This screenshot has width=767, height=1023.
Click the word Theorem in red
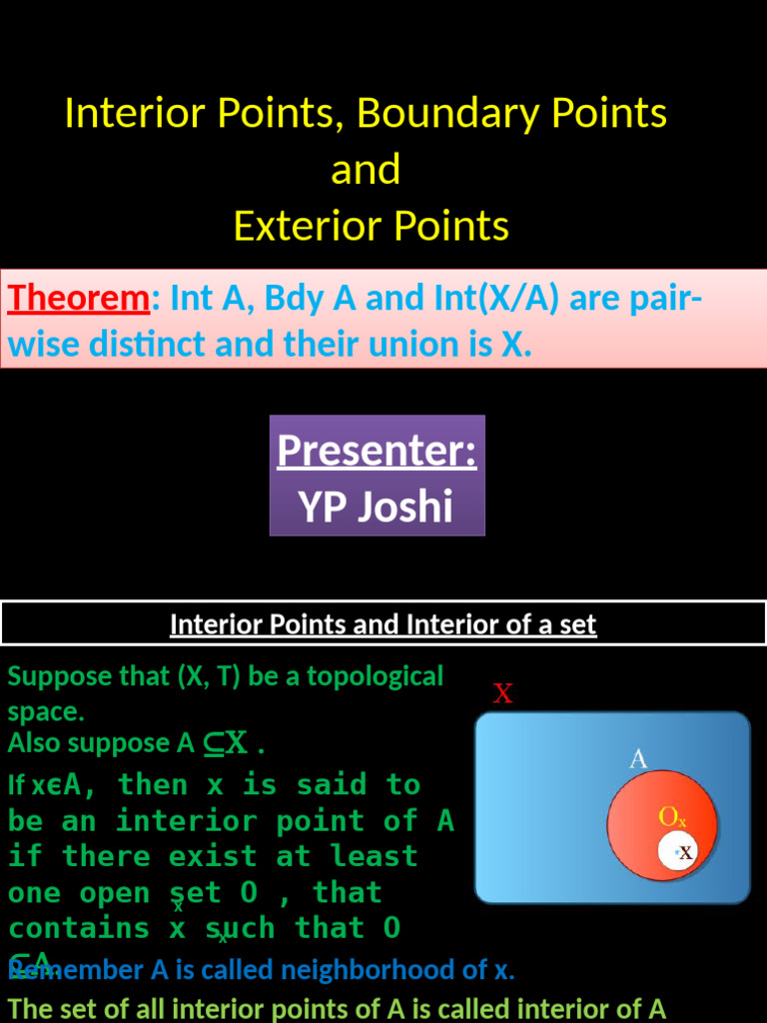pos(78,299)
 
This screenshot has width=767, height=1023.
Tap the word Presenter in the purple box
pos(377,451)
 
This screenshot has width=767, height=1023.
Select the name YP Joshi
pos(376,508)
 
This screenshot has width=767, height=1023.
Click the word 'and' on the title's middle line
pos(366,170)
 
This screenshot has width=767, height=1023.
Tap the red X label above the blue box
pos(503,693)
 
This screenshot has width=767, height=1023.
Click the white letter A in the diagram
pos(638,759)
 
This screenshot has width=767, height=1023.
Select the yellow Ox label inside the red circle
pos(672,818)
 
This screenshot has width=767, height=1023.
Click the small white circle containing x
pos(679,852)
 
